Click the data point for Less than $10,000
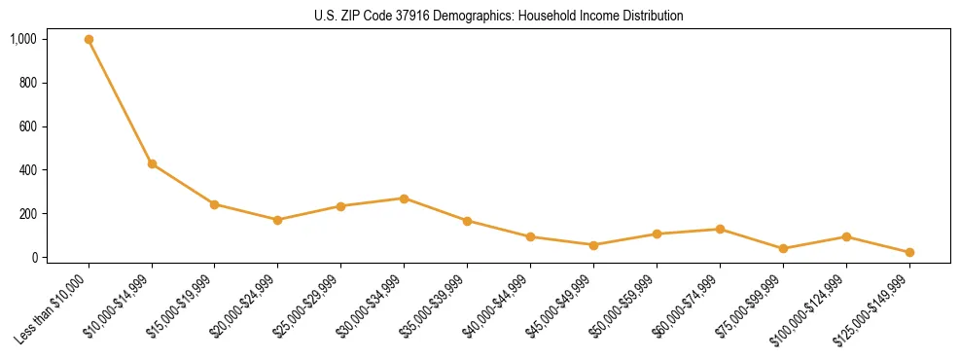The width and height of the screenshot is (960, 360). click(89, 40)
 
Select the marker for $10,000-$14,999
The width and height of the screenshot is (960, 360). click(152, 163)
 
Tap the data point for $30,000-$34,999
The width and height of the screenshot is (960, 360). click(404, 198)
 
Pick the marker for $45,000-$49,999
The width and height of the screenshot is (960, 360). click(593, 245)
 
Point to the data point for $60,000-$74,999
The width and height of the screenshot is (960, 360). click(720, 230)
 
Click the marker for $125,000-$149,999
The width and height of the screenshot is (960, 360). click(909, 252)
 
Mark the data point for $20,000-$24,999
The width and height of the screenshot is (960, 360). click(277, 220)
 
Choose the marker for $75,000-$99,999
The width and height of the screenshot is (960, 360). click(783, 249)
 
